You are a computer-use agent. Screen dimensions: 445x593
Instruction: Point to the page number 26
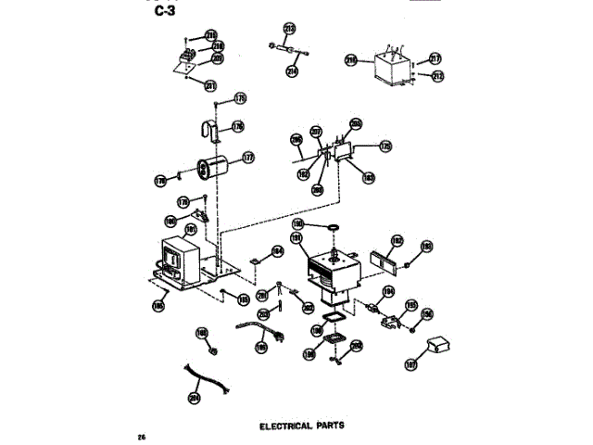coord(141,436)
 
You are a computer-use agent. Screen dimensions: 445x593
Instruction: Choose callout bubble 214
coord(293,70)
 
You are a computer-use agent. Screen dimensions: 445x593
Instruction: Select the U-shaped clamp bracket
coord(209,132)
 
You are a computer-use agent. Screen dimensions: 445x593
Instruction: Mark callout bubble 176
coord(238,127)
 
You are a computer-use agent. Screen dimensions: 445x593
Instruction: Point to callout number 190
coord(298,223)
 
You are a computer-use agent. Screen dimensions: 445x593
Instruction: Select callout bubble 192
coord(397,239)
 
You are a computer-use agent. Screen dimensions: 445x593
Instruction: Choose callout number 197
coord(412,364)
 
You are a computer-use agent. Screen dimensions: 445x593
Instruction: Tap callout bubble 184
coord(275,250)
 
